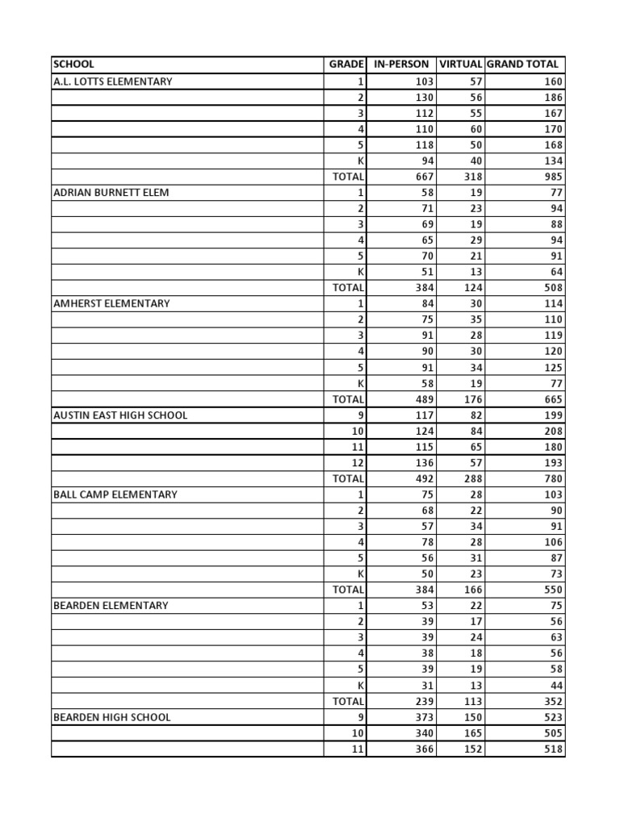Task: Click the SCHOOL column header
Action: coord(73,65)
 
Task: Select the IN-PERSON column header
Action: coord(401,65)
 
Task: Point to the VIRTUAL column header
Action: coord(460,65)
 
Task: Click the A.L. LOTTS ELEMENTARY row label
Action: coord(112,81)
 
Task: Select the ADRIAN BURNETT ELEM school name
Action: coord(111,193)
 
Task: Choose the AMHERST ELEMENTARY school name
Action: coord(111,303)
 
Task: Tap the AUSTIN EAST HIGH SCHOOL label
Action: coord(120,415)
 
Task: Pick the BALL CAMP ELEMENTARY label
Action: coord(115,494)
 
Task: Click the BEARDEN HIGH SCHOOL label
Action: coord(111,717)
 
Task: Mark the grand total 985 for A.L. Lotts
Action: coord(553,177)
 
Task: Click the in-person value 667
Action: coord(424,177)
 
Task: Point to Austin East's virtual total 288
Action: coord(471,479)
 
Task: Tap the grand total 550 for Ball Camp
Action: coord(553,590)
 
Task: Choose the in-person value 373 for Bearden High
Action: coord(424,717)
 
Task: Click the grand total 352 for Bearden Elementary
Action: coord(553,702)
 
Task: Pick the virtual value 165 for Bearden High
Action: coord(471,733)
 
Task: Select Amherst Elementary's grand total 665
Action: coord(553,399)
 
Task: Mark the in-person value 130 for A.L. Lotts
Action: coord(424,98)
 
